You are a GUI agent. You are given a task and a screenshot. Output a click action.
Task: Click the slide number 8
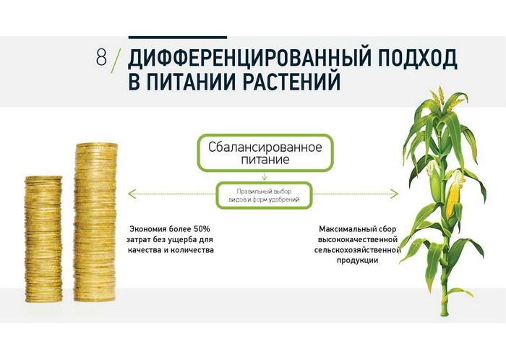[101, 57]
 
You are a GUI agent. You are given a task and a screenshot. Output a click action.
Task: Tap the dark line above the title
[178, 38]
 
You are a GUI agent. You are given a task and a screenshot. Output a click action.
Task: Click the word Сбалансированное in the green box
[265, 147]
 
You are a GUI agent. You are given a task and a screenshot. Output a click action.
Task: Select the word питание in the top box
[265, 160]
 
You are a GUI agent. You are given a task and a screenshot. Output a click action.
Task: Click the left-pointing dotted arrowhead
[131, 194]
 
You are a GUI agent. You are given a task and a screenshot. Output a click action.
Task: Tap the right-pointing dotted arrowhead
[395, 194]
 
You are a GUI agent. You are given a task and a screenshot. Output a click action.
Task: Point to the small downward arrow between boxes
[265, 176]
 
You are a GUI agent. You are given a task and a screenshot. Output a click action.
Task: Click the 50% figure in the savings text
[202, 229]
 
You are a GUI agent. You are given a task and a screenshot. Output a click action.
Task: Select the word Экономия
[144, 229]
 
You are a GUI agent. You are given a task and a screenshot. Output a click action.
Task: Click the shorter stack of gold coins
[43, 239]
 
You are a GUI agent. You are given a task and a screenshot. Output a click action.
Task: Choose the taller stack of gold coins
[95, 222]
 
